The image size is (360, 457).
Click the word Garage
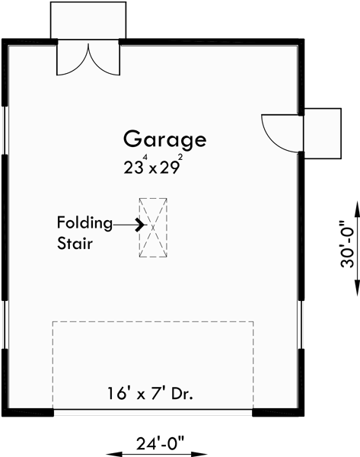click(164, 139)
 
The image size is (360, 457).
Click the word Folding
click(84, 223)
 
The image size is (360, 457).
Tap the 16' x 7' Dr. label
click(150, 395)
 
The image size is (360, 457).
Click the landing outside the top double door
click(88, 20)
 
